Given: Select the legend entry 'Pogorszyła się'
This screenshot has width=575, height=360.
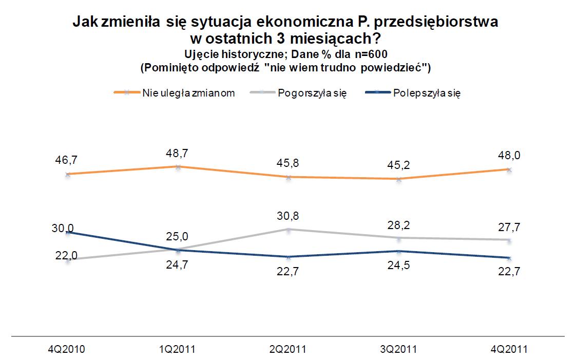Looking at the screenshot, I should tap(312, 93).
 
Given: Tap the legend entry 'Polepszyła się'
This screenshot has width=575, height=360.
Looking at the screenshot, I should tap(427, 93).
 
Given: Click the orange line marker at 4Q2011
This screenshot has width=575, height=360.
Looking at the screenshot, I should tap(509, 169).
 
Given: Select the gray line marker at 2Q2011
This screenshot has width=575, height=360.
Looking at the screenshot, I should tap(289, 230).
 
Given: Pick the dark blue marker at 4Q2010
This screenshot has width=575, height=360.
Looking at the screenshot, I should tap(67, 232).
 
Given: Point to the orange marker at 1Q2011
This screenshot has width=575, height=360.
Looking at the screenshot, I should tap(178, 167).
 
